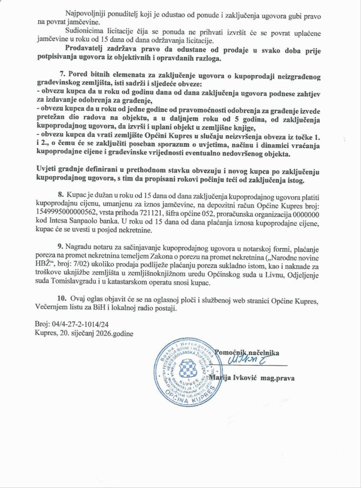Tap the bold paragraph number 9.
click(x=61, y=248)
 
